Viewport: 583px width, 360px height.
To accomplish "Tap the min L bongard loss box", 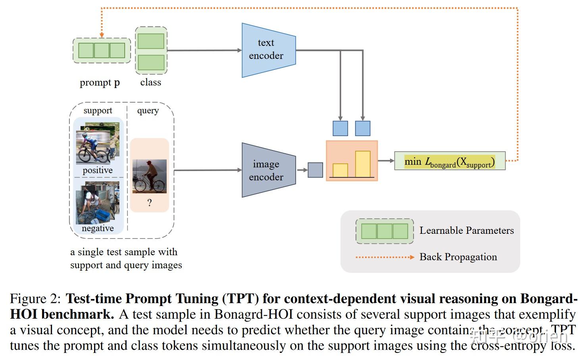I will (x=449, y=161).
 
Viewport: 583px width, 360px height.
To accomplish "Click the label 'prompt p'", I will (x=100, y=83).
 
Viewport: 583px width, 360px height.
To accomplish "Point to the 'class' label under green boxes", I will (x=150, y=82).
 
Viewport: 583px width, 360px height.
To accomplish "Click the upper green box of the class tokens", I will (x=151, y=41).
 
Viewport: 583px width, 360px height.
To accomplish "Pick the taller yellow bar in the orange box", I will (x=362, y=164).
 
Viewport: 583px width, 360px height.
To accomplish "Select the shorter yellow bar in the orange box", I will (x=340, y=170).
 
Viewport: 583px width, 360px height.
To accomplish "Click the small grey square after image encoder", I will (x=315, y=170).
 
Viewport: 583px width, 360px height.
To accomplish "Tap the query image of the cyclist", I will (x=149, y=176).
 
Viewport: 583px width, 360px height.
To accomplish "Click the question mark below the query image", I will (x=149, y=203).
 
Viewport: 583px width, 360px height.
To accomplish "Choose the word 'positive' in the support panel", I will (x=98, y=170).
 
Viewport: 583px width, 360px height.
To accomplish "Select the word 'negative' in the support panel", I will (x=98, y=228).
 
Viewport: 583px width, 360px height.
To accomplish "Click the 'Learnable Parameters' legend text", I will (x=466, y=231).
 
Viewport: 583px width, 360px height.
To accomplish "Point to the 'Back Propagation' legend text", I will (x=458, y=257).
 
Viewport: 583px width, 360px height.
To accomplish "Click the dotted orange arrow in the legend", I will (x=385, y=257).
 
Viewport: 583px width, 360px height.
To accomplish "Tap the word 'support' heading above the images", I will (x=98, y=110).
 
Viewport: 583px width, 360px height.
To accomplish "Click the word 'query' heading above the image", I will (x=148, y=111).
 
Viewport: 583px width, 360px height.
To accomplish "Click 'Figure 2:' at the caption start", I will (x=35, y=298).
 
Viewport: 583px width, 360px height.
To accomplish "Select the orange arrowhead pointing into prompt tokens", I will (x=102, y=35).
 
